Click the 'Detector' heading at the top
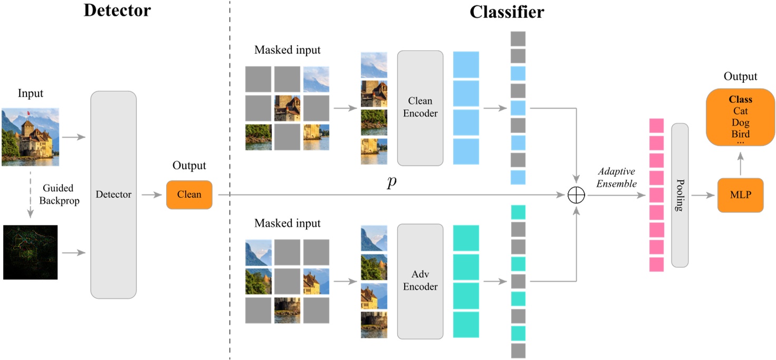click(x=117, y=10)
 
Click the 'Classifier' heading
click(x=506, y=12)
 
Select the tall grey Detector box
click(x=113, y=194)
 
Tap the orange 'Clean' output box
click(x=189, y=194)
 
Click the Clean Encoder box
click(x=420, y=108)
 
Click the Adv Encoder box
click(x=420, y=281)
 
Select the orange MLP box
click(x=740, y=195)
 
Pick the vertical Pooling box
click(x=679, y=195)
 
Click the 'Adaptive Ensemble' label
click(x=616, y=177)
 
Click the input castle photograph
click(x=30, y=137)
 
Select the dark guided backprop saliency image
click(x=30, y=252)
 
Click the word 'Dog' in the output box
click(x=740, y=122)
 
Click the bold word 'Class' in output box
click(x=740, y=99)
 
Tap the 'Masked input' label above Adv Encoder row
click(x=287, y=223)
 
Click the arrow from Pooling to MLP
click(x=703, y=195)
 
